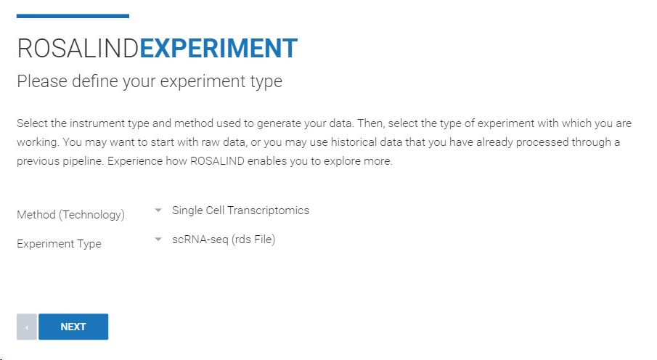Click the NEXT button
click(x=73, y=327)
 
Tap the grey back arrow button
click(x=27, y=327)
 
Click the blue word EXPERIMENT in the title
click(x=219, y=48)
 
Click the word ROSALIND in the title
click(x=78, y=48)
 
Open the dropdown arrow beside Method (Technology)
click(x=158, y=210)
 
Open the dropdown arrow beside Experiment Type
click(x=158, y=240)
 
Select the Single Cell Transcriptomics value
click(x=240, y=210)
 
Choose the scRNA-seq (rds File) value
click(x=224, y=240)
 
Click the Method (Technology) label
click(x=71, y=215)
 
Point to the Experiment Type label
click(x=59, y=243)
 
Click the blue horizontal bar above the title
click(x=73, y=16)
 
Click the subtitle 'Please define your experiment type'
click(x=150, y=81)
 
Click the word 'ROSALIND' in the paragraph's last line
click(x=217, y=161)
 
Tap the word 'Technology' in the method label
click(x=91, y=215)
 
